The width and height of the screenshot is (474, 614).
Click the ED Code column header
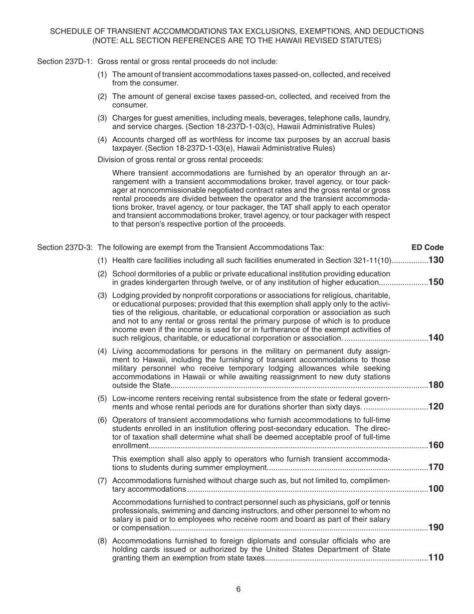(x=427, y=247)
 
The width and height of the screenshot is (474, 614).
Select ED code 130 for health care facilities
(x=436, y=260)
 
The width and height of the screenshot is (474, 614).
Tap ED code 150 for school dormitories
(x=436, y=282)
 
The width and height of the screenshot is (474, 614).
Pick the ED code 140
(x=436, y=338)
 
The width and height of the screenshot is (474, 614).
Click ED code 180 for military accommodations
(x=436, y=385)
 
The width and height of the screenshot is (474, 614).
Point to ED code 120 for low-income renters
(x=436, y=406)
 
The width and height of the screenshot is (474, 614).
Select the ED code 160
(x=436, y=445)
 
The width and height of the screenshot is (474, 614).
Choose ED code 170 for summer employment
(x=436, y=468)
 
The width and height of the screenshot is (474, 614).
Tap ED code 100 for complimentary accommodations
(x=436, y=489)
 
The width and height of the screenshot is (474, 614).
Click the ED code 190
(x=436, y=528)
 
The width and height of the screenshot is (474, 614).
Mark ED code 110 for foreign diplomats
(x=436, y=558)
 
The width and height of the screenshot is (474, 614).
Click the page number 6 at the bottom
(x=238, y=590)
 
